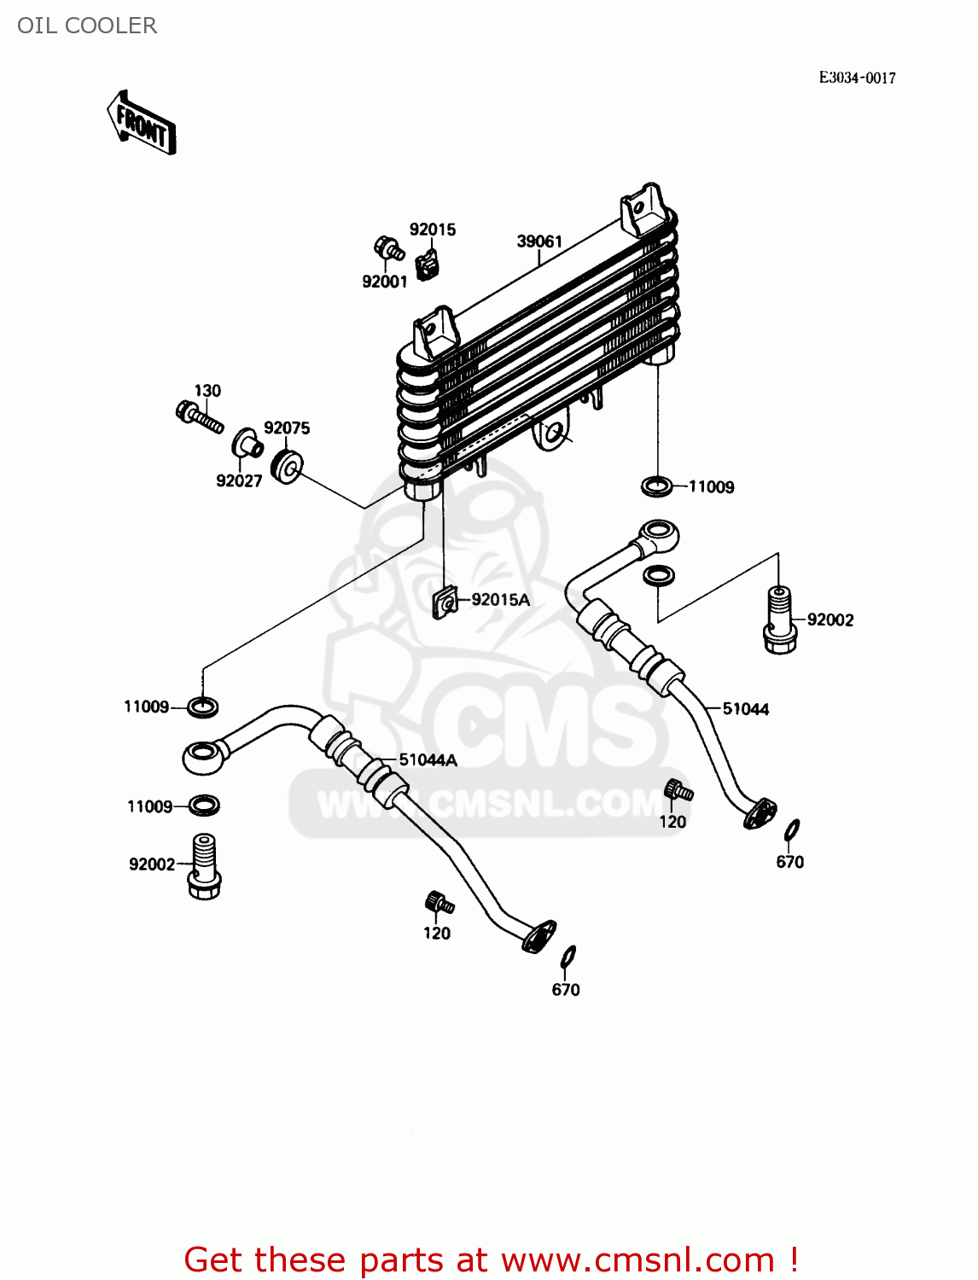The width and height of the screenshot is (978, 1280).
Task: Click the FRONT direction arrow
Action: (142, 124)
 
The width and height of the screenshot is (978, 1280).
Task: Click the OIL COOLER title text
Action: (87, 26)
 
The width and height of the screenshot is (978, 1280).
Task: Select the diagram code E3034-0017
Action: (857, 78)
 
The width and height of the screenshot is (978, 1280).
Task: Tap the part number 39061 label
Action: (539, 241)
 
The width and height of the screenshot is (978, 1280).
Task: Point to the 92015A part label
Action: (500, 600)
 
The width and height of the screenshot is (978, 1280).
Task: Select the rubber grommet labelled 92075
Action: (287, 466)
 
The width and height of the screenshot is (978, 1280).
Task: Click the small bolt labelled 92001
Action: (388, 249)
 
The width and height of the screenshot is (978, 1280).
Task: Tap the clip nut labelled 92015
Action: (428, 265)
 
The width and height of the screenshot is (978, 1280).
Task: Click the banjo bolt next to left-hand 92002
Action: (203, 866)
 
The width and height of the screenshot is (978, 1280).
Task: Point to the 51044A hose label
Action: (428, 760)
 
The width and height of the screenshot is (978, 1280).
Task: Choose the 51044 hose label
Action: (745, 709)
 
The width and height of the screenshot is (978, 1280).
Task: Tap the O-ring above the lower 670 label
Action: (568, 957)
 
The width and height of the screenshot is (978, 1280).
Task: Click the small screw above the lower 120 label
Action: (438, 903)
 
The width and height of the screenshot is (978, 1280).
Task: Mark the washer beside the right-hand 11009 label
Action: (655, 487)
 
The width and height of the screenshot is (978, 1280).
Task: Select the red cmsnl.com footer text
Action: (491, 1260)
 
